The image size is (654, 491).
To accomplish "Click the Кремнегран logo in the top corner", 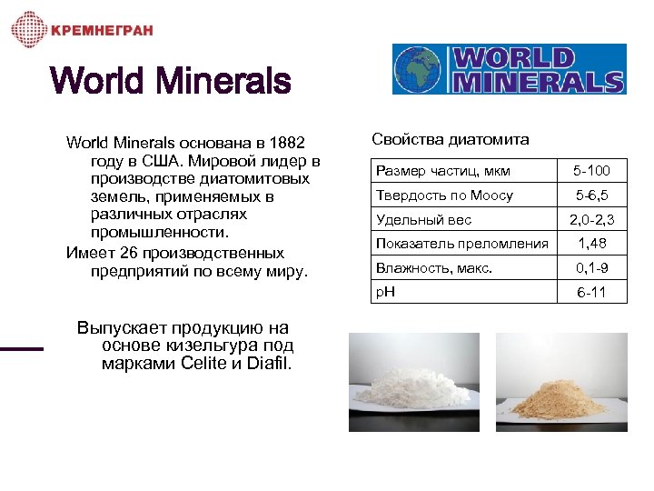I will coord(82,30).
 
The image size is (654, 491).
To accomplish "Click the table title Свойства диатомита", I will coord(451,139).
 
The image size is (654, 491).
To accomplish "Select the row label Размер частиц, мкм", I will coord(443,171).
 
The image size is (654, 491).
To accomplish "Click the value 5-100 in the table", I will coord(591,171).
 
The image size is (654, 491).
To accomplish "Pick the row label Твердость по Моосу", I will coord(444,195).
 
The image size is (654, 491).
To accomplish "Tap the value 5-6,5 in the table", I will coord(591,195).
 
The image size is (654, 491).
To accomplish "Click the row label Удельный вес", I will coord(423,220).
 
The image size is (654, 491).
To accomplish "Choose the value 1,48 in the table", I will coord(591,244).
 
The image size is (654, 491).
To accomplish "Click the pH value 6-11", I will coord(591,293).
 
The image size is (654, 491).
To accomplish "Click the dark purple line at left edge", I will coord(21,348).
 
